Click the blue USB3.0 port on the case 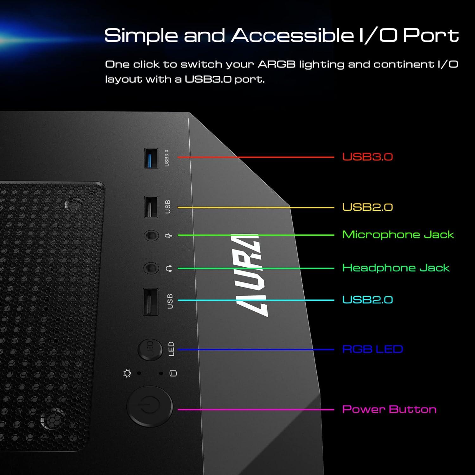(x=151, y=158)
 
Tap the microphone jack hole (x=151, y=236)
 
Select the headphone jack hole (x=151, y=269)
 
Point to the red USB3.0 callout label (x=367, y=157)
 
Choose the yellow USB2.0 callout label (x=367, y=207)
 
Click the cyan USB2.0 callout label (x=367, y=300)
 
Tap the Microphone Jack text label (x=398, y=235)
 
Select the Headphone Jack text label (x=396, y=268)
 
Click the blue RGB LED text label (x=372, y=349)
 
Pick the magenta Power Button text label (x=389, y=409)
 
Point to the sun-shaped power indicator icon (x=127, y=373)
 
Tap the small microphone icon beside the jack (x=169, y=236)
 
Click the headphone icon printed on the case (x=169, y=269)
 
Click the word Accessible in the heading (x=292, y=35)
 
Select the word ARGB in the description (x=276, y=64)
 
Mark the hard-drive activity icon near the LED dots (x=173, y=373)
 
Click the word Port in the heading (x=431, y=35)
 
